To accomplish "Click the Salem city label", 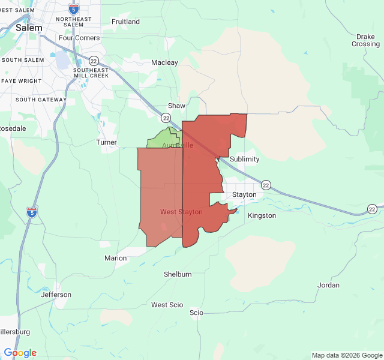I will pos(29,28).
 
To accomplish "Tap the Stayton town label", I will pos(244,194).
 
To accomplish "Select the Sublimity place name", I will pos(244,159).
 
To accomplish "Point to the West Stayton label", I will pos(181,212).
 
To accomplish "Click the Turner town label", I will pos(106,142).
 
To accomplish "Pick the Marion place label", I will pos(115,258).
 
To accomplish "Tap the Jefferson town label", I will pos(56,295).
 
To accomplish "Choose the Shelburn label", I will pos(178,274).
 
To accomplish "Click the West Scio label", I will pos(167,305).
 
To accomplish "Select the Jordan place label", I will pos(328,285).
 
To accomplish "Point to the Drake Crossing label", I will pos(365,40).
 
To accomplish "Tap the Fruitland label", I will pos(125,22).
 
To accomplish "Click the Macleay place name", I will pos(164,62).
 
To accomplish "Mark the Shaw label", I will pos(176,106).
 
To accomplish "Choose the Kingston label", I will pos(262,215).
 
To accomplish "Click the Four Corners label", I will pos(79,38).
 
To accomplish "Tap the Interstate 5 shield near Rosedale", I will pos(31,212).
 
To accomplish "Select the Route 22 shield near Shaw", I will pos(165,118).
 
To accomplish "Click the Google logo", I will pos(20,353).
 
